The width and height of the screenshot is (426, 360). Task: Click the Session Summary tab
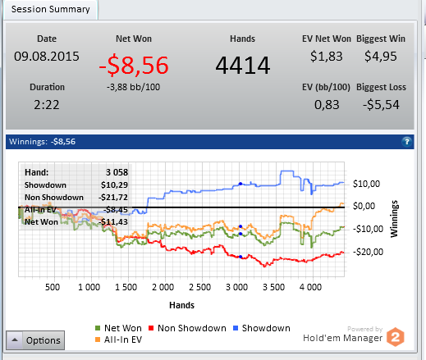[x=50, y=9]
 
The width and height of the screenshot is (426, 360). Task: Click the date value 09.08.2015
[x=47, y=57]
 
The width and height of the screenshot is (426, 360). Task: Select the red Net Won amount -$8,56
[x=134, y=65]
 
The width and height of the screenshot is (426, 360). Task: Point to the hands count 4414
[x=243, y=66]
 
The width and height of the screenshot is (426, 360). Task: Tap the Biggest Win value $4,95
[x=381, y=57]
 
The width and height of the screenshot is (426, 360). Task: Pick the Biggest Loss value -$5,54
[x=381, y=105]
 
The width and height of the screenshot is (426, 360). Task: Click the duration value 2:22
[x=47, y=105]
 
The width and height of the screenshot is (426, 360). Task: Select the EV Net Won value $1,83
[x=327, y=57]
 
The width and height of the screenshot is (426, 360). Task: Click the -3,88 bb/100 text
[x=133, y=87]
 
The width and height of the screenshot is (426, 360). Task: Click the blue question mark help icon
[x=406, y=142]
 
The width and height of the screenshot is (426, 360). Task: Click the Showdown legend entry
[x=262, y=328]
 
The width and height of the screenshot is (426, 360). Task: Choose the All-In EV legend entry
[x=118, y=339]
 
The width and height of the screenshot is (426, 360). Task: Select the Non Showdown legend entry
[x=187, y=328]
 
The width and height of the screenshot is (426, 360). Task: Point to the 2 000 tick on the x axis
[x=163, y=287]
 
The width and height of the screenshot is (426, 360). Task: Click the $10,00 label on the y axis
[x=366, y=184]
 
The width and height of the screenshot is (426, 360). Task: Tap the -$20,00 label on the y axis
[x=368, y=252]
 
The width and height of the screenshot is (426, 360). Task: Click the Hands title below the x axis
[x=181, y=305]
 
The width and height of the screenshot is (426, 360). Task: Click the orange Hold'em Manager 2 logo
[x=396, y=337]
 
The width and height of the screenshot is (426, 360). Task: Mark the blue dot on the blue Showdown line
[x=240, y=184]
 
